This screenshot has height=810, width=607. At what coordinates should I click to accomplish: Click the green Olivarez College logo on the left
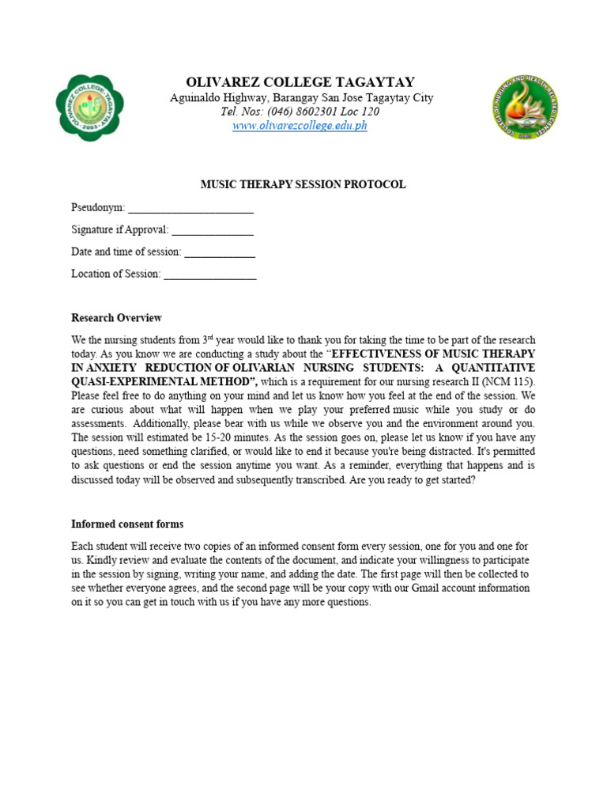coord(89,108)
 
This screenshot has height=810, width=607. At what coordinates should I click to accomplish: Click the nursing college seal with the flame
coord(525,108)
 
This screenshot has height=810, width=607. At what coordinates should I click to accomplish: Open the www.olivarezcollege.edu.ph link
coord(300,126)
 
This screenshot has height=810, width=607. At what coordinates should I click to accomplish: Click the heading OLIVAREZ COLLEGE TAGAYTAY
coord(300,82)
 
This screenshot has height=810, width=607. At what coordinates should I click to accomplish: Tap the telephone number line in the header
coord(300,112)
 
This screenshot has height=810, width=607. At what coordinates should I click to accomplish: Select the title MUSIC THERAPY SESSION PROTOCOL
coord(303,184)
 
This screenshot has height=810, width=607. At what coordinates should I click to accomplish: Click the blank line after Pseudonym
coord(190,209)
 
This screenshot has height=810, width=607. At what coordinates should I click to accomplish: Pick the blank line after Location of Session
coord(209,275)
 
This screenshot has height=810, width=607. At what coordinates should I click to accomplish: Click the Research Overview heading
coord(116,318)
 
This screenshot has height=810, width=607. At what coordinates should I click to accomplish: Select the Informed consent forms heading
coord(127,524)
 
